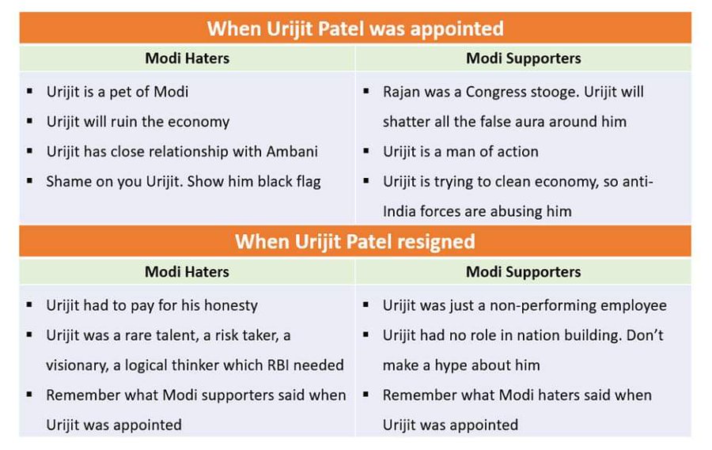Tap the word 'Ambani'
tap(290, 152)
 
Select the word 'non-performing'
tap(554, 305)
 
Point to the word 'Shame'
tap(68, 182)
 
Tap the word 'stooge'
tap(555, 92)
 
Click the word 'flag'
tap(305, 182)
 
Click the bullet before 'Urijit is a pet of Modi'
tap(30, 92)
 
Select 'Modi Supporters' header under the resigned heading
tap(523, 272)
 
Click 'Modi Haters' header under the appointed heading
tap(187, 59)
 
